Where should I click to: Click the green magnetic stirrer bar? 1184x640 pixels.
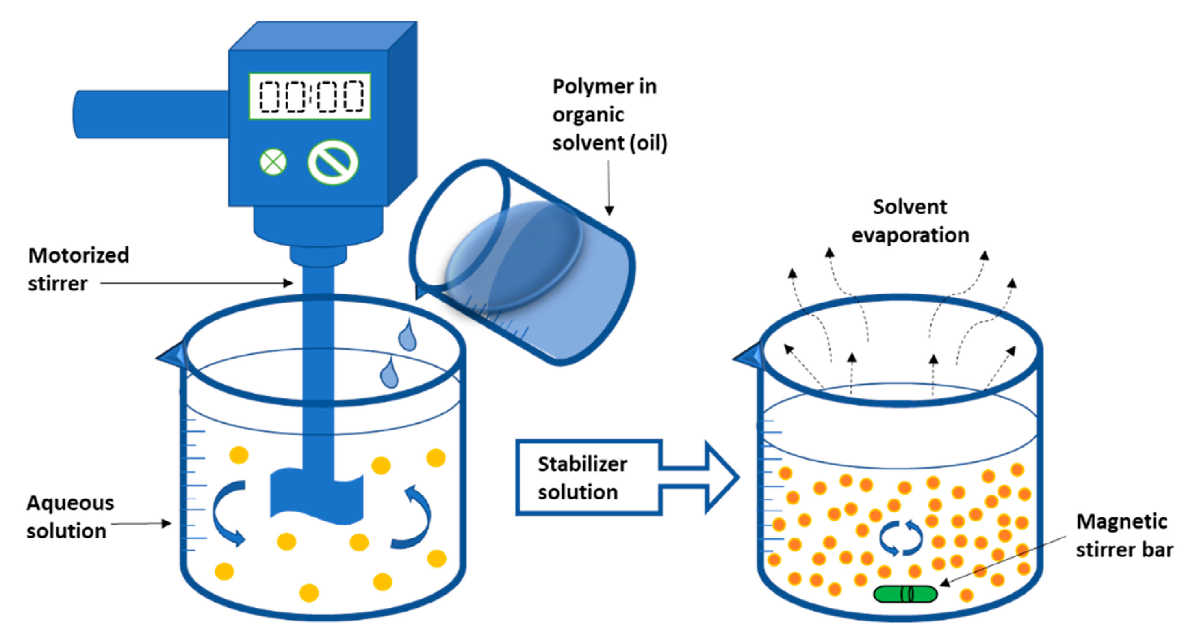coord(904,594)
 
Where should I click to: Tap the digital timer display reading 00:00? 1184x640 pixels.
coord(310,96)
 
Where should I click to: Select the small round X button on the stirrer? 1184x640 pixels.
coord(273,162)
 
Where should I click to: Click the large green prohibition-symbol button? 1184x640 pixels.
coord(333,162)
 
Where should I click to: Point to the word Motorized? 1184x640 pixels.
coord(78,255)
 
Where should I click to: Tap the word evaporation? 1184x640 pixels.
coord(910,235)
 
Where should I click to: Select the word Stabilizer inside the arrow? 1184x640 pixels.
coord(582,464)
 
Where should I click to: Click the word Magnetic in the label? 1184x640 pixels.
coord(1121,521)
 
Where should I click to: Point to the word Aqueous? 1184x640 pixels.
coord(70,503)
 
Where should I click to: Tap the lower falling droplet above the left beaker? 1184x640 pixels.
coord(389,373)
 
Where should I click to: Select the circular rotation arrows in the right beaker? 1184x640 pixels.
coord(900,538)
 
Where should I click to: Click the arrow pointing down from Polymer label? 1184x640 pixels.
coord(609,188)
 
